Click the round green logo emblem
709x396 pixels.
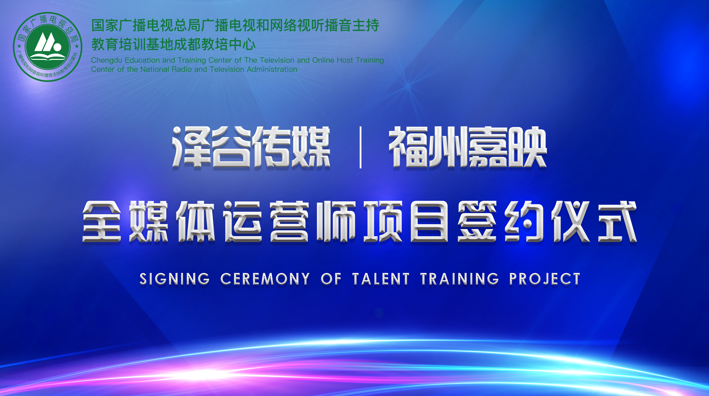click(48, 47)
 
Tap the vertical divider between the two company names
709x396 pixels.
click(361, 147)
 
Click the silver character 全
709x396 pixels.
click(102, 222)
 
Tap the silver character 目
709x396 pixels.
click(429, 222)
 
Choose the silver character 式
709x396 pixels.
click(617, 222)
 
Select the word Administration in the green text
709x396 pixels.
click(272, 69)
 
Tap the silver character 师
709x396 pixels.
click(336, 222)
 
